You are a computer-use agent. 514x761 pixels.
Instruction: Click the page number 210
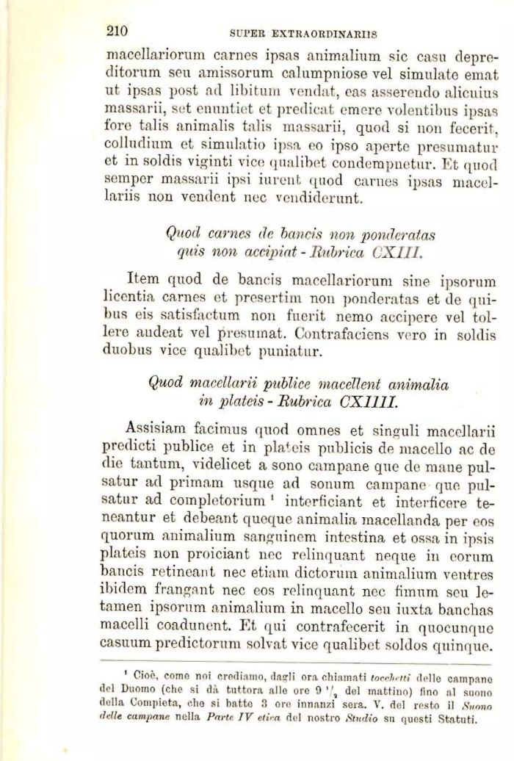pos(117,31)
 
